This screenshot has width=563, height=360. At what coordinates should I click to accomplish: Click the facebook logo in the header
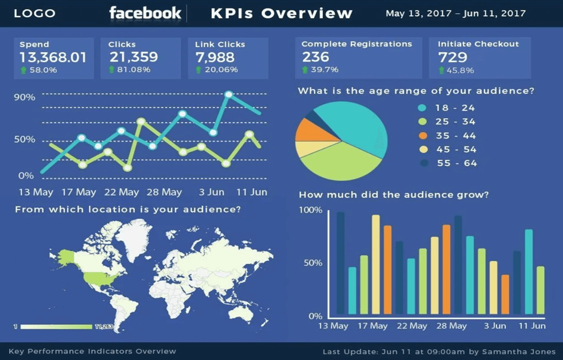pos(145,13)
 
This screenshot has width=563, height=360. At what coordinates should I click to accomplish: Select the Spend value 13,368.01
pos(53,58)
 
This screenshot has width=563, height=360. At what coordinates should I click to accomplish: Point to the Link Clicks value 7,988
pos(215,58)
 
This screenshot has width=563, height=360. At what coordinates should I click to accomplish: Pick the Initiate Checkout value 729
pos(453,58)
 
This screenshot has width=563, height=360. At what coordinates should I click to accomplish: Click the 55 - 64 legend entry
pos(456,164)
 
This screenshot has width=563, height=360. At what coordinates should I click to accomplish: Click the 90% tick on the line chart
pos(25,97)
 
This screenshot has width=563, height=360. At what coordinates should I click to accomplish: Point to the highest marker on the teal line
pos(229,95)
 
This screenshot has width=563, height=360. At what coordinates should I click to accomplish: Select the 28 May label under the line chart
pos(164,192)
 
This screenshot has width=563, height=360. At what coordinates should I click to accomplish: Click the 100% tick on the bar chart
pos(310,211)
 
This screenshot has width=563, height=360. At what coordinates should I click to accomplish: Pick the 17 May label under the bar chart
pos(372,326)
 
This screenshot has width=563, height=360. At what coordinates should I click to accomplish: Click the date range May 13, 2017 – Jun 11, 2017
pos(455,13)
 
